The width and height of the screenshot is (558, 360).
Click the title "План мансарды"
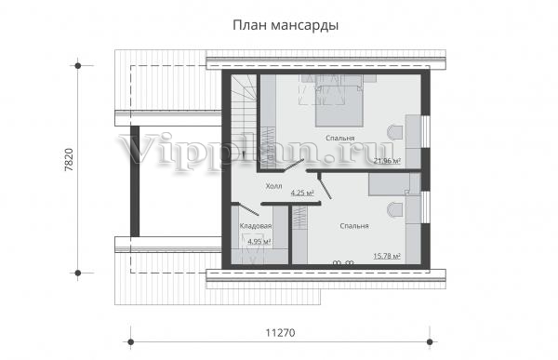click(286, 26)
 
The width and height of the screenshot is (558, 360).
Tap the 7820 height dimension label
click(69, 160)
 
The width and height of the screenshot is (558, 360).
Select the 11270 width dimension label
click(281, 333)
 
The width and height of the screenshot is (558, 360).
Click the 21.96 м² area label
click(387, 161)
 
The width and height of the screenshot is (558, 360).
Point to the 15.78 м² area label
click(387, 256)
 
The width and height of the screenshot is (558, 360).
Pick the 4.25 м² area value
click(302, 193)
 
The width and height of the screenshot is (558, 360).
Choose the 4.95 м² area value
click(259, 242)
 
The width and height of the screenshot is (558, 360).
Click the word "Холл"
click(274, 186)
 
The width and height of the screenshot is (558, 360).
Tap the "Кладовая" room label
click(256, 226)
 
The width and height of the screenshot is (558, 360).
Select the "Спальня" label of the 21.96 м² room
click(340, 139)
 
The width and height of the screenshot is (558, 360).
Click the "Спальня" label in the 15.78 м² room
click(354, 226)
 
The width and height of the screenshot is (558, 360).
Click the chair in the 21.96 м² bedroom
click(395, 133)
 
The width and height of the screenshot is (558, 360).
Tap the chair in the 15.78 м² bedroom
click(395, 210)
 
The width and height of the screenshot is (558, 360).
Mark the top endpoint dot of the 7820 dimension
click(77, 66)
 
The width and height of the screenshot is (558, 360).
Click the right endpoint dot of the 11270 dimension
click(430, 342)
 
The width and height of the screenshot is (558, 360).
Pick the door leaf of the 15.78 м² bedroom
click(325, 186)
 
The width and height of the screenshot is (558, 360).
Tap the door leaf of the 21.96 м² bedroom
click(291, 167)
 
